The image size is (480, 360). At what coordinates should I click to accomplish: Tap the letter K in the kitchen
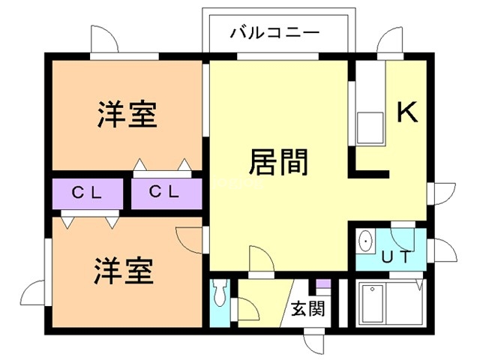click(x=406, y=112)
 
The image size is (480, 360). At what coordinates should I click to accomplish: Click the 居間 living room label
click(x=278, y=160)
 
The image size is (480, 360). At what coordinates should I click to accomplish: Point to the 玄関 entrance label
click(x=308, y=308)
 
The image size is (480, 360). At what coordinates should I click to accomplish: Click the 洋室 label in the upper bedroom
click(x=127, y=115)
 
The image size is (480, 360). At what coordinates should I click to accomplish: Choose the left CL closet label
click(x=87, y=192)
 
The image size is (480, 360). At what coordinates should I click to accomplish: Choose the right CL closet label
click(x=164, y=192)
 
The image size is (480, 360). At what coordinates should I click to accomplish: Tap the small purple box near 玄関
click(x=322, y=286)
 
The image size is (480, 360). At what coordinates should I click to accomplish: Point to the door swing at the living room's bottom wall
click(x=260, y=259)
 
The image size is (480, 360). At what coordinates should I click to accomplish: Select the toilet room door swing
click(x=243, y=308)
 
